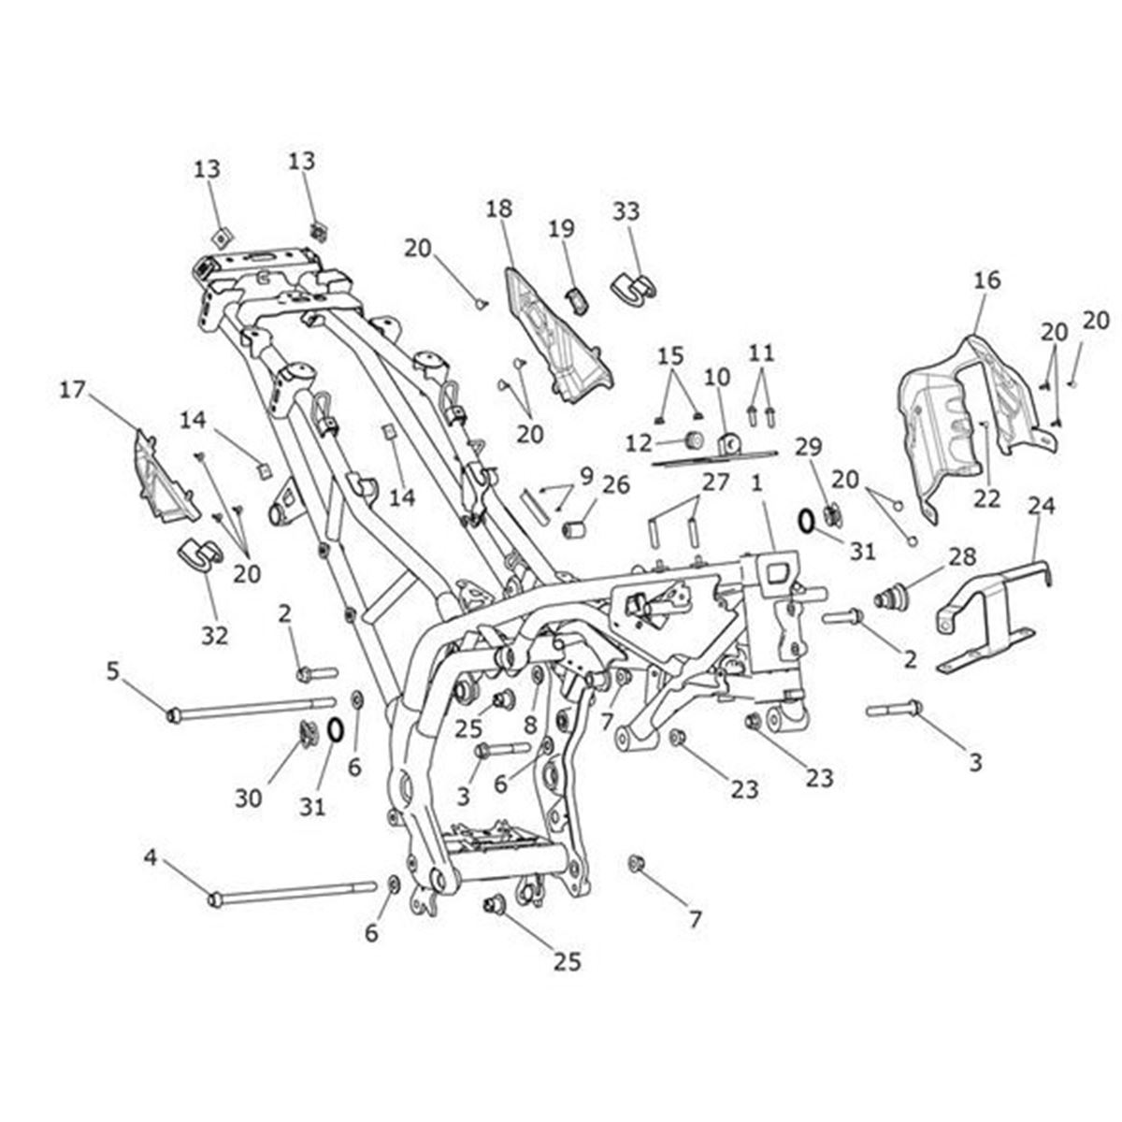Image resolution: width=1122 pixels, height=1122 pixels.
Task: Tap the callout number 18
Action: click(x=499, y=209)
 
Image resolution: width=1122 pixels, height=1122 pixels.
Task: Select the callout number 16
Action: click(x=986, y=280)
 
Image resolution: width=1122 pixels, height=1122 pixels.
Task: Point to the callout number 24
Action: click(x=1041, y=506)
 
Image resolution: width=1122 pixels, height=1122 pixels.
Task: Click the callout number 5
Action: click(x=112, y=669)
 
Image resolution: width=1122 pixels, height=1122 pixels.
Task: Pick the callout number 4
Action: click(x=150, y=856)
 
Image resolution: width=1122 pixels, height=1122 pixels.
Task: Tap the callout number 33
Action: click(x=626, y=211)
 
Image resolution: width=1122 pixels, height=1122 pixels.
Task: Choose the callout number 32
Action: click(x=214, y=635)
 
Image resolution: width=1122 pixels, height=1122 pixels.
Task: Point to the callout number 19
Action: click(x=561, y=228)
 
